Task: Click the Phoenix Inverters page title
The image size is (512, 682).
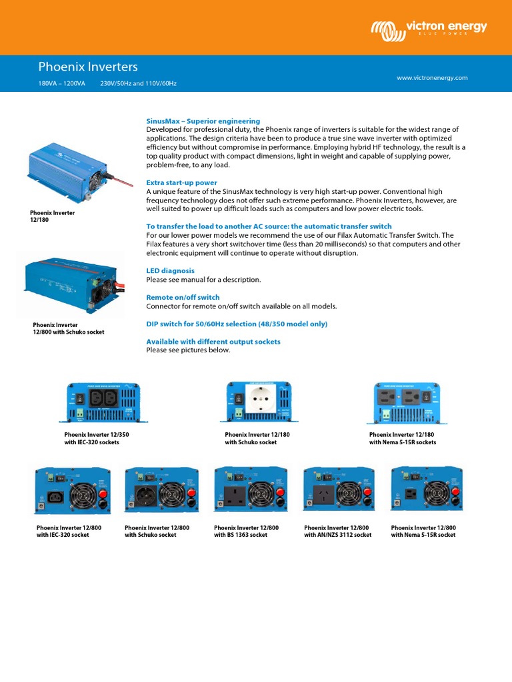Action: pos(88,67)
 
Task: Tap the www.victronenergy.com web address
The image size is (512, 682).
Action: pos(432,78)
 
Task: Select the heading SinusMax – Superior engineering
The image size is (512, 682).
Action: pos(203,121)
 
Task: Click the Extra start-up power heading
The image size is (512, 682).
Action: pos(181,182)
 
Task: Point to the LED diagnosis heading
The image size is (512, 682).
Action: pos(170,271)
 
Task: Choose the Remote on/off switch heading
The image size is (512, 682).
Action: pos(183,297)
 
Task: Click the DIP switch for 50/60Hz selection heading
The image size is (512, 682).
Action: pos(237,324)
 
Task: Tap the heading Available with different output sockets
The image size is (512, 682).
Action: pos(213,342)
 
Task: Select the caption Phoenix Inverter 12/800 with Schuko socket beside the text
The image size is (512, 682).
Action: pos(69,328)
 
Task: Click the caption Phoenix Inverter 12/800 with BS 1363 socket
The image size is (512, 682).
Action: pos(246,531)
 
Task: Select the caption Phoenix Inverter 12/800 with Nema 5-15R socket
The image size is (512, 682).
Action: pos(423,531)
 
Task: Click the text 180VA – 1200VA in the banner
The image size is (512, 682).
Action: pos(62,84)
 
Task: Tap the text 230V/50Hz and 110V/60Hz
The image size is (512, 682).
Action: pos(138,84)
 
